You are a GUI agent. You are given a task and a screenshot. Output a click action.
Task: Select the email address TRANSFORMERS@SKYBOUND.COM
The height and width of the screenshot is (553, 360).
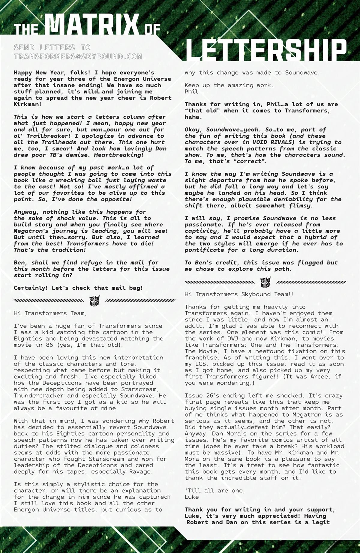point(78,56)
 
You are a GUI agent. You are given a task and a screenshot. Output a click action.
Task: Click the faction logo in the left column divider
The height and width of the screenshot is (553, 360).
point(94,300)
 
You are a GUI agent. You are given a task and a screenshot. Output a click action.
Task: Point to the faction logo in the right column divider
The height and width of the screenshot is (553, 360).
point(265,282)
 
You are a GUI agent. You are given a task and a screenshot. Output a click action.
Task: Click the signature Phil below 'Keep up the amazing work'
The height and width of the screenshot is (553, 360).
point(191,92)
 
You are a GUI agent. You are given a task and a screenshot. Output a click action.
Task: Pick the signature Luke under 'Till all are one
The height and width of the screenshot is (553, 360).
point(192,497)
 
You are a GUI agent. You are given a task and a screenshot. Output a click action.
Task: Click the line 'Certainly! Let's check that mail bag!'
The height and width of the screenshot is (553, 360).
point(78,288)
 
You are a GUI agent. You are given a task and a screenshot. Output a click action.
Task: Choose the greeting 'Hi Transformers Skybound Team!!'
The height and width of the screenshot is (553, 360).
point(239,294)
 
